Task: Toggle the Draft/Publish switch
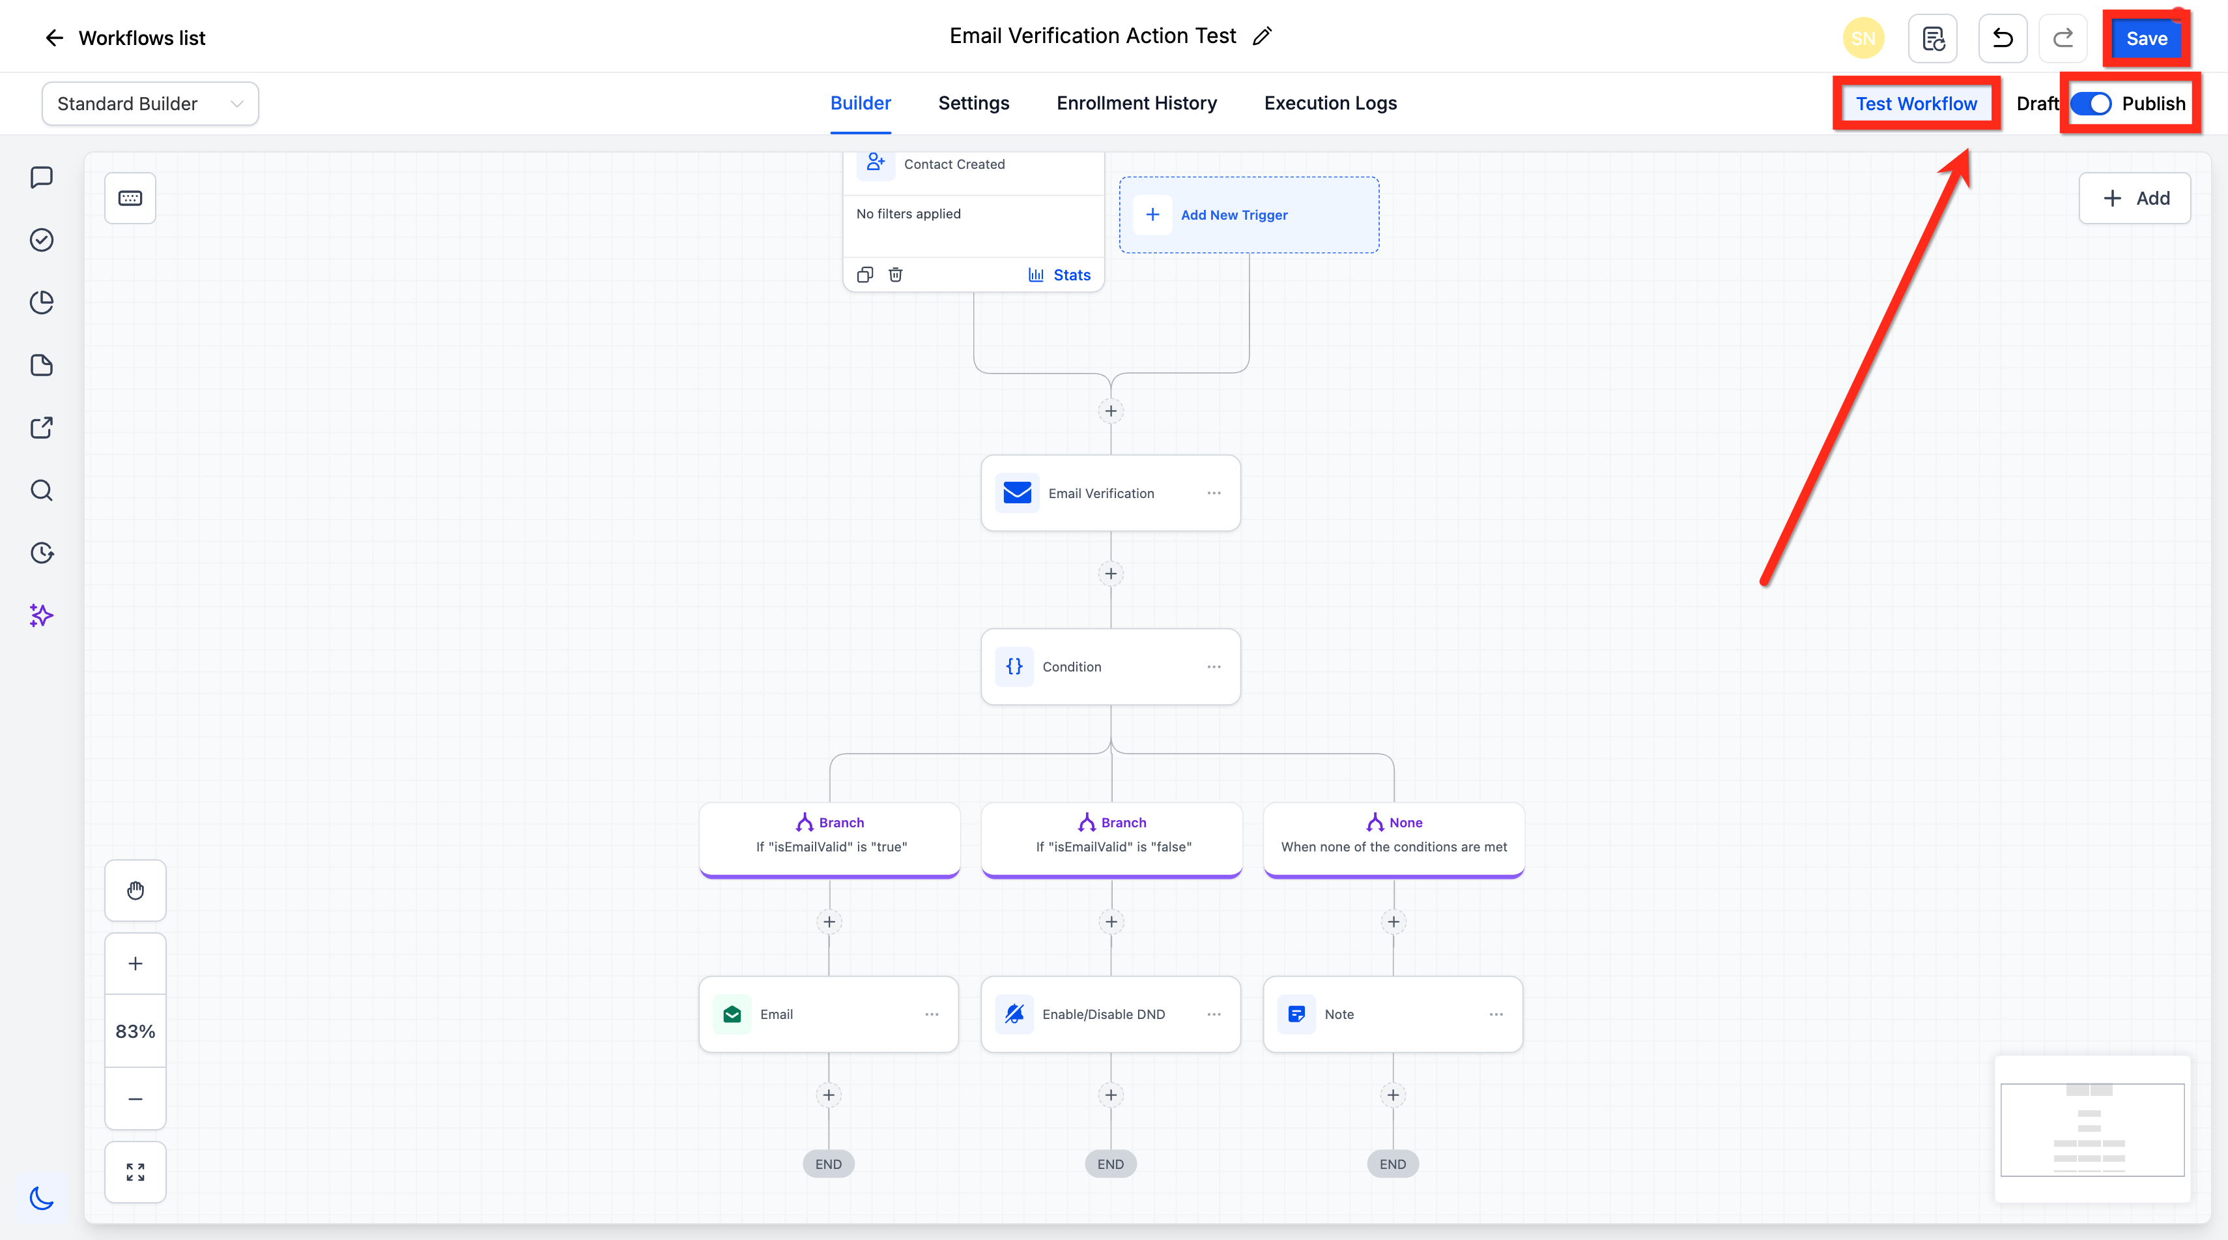click(2091, 104)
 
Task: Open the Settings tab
click(973, 103)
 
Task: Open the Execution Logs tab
click(1330, 103)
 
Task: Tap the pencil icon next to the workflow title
click(1262, 35)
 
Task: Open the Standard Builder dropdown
click(150, 104)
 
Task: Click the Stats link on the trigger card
click(1059, 275)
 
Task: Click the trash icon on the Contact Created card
click(895, 275)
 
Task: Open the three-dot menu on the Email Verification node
click(1214, 494)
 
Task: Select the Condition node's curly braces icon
click(1014, 666)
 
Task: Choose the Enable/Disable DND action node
click(1111, 1014)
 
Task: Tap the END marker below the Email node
click(829, 1164)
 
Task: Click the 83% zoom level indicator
click(136, 1031)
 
